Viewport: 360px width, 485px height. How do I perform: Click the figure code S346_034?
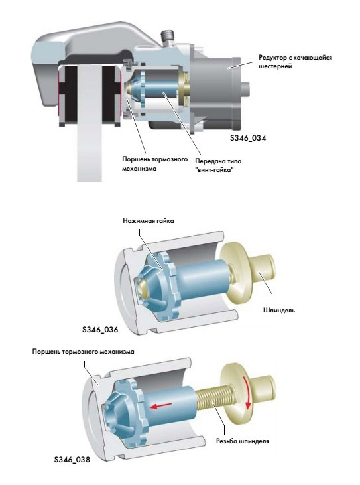click(248, 138)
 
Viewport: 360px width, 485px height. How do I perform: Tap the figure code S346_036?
click(100, 330)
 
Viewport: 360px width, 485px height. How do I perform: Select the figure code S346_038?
click(72, 460)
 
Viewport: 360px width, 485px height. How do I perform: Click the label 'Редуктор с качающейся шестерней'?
click(296, 62)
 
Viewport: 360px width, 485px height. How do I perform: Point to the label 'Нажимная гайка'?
click(149, 221)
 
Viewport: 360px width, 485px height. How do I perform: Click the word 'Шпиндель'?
click(279, 310)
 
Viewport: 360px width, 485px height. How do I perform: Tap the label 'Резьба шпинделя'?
click(242, 441)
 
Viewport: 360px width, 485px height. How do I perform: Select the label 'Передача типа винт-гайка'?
click(218, 165)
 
